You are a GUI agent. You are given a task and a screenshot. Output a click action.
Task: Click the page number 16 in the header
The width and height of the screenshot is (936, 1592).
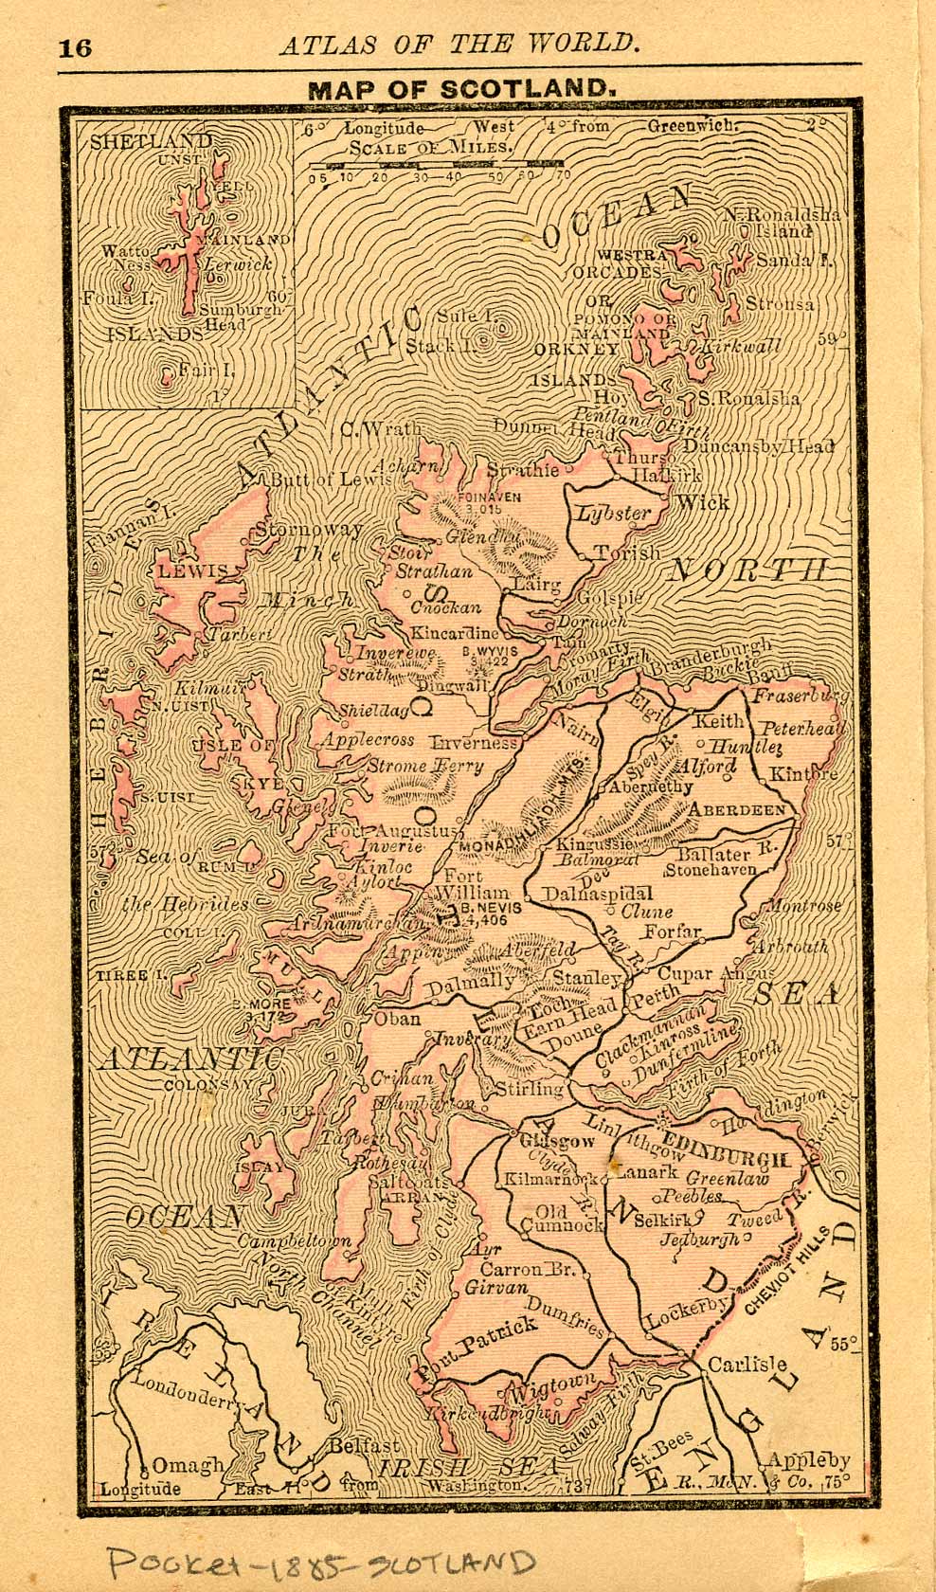point(76,47)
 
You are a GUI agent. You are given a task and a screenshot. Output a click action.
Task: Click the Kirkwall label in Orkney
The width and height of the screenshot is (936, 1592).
point(744,348)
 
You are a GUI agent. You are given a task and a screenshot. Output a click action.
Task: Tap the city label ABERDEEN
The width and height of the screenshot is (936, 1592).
point(737,810)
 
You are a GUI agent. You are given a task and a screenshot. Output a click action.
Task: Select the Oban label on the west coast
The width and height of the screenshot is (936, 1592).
point(397,1021)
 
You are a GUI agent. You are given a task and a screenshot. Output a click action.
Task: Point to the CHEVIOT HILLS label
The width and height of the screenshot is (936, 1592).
point(779,1275)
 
